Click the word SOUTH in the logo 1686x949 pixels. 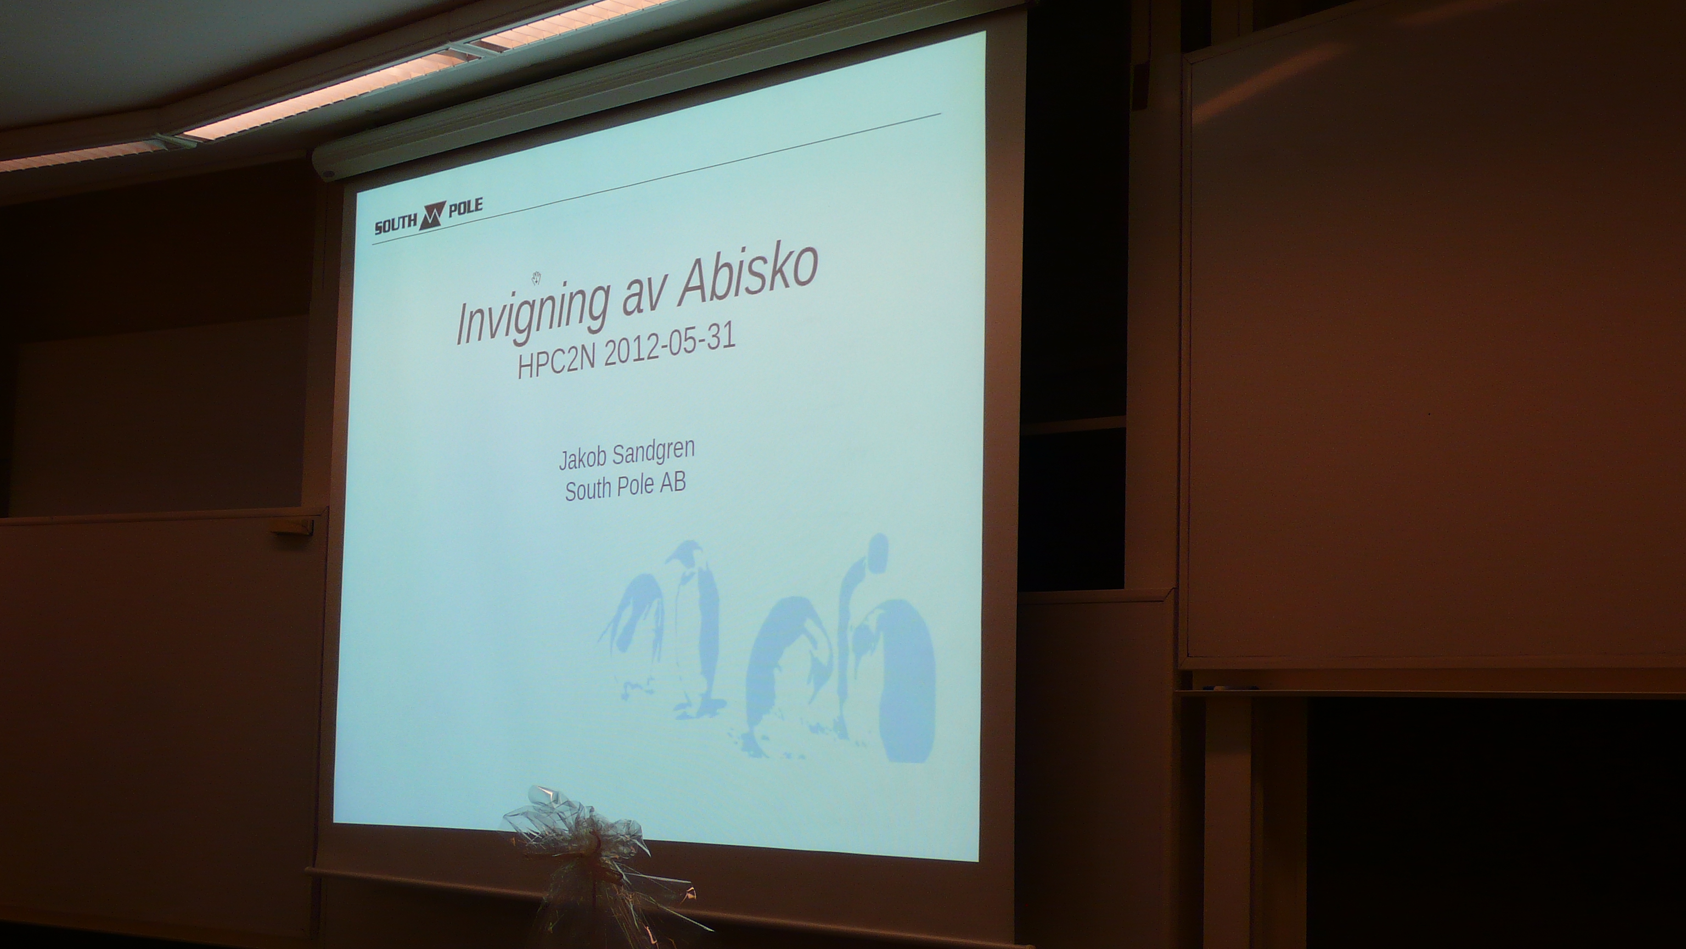click(395, 225)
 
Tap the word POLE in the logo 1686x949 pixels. click(465, 208)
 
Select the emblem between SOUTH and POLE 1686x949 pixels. click(432, 215)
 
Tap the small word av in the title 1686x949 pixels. click(642, 303)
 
